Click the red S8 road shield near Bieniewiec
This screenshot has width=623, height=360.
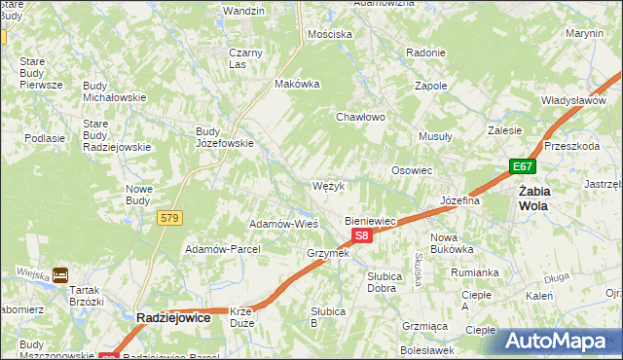pyautogui.click(x=361, y=236)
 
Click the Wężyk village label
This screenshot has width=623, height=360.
pyautogui.click(x=328, y=185)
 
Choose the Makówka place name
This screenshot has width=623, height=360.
pyautogui.click(x=298, y=84)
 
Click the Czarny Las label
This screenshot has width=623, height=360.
pyautogui.click(x=245, y=57)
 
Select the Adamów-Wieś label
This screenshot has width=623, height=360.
pyautogui.click(x=284, y=224)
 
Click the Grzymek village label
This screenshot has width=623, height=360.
pyautogui.click(x=327, y=254)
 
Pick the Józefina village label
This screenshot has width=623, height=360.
pyautogui.click(x=461, y=200)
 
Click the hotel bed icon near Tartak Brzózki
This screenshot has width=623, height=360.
pyautogui.click(x=60, y=275)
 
